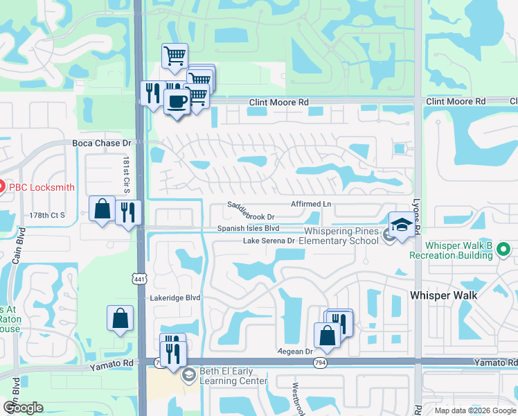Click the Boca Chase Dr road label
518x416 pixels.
pos(102,144)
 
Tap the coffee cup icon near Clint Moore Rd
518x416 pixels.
pos(177,101)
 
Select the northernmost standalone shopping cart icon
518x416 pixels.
pos(175,56)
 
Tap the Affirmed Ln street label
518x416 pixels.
pos(311,205)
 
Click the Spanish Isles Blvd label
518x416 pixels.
pos(249,228)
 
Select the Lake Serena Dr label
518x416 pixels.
pos(269,241)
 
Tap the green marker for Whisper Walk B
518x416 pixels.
pos(504,248)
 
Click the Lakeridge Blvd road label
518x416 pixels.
pos(175,297)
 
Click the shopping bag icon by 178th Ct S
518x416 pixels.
pos(102,209)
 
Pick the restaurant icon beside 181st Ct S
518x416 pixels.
pos(127,212)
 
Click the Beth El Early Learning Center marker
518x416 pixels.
pos(188,376)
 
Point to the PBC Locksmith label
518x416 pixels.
pos(42,187)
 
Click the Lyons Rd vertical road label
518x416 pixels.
pos(418,208)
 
